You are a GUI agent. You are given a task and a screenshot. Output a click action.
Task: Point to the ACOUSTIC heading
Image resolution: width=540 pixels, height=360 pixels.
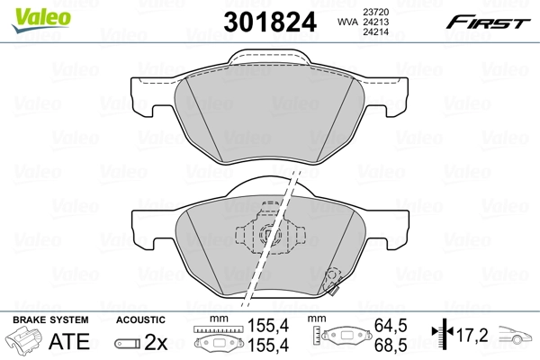(x=140, y=319)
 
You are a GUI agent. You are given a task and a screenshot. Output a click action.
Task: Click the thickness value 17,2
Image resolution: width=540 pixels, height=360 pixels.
(x=472, y=337)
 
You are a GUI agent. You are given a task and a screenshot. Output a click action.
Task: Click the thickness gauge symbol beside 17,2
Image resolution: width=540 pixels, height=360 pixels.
(x=441, y=337)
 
